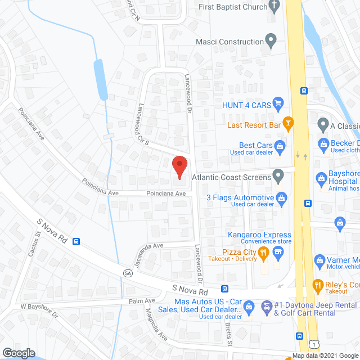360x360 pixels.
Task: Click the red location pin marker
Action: coord(179,167)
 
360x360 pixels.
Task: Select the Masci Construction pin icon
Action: coord(271,41)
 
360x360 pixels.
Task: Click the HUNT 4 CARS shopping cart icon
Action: coord(277,103)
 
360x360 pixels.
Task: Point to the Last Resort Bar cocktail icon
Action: coord(288,121)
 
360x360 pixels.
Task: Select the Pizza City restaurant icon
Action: coord(262,254)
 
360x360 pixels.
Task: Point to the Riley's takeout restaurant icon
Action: coord(318,285)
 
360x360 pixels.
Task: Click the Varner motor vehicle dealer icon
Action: coord(319,260)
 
